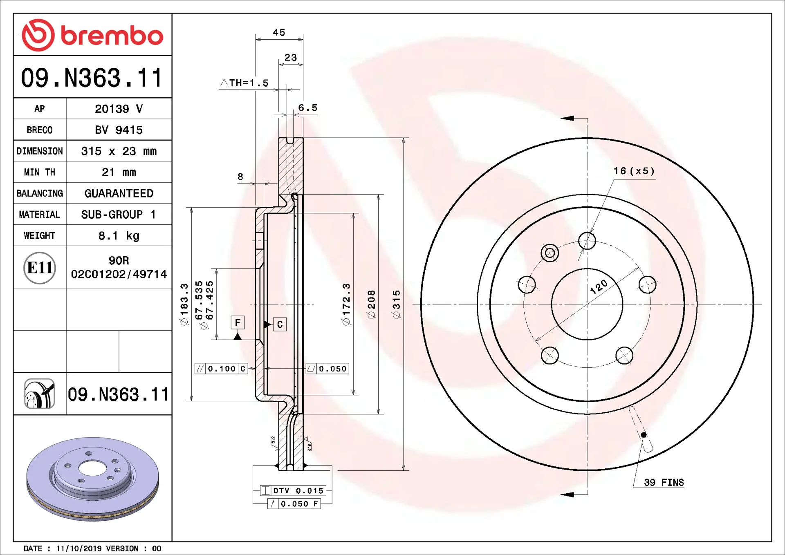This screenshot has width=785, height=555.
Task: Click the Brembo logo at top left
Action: pyautogui.click(x=92, y=35)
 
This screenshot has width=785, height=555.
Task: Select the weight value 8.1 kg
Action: pyautogui.click(x=119, y=236)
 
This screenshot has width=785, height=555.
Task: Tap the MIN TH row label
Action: pyautogui.click(x=40, y=172)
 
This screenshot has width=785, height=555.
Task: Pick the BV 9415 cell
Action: pyautogui.click(x=119, y=130)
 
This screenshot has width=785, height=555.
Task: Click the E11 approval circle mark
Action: pyautogui.click(x=40, y=268)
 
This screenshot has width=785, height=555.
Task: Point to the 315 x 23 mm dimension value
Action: pyautogui.click(x=119, y=151)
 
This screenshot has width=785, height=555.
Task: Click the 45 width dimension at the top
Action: pyautogui.click(x=279, y=32)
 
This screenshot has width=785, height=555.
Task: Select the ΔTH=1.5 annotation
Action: pyautogui.click(x=244, y=83)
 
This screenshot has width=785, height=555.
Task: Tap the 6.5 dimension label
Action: pyautogui.click(x=308, y=108)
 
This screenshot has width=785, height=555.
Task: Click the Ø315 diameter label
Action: pyautogui.click(x=396, y=304)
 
